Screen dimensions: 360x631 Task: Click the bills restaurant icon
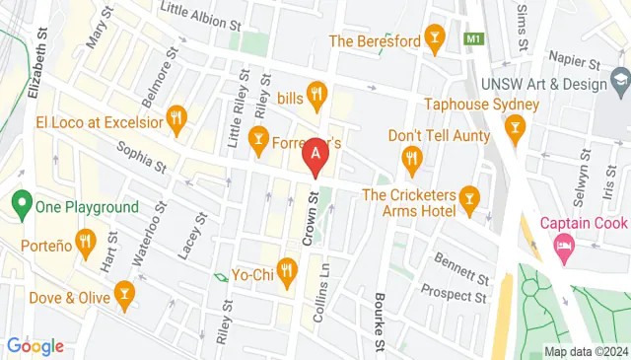pyautogui.click(x=316, y=96)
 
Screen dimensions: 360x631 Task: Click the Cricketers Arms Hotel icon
pyautogui.click(x=469, y=200)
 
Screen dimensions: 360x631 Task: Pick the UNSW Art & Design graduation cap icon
pyautogui.click(x=618, y=78)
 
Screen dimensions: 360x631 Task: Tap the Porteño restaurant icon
pyautogui.click(x=86, y=240)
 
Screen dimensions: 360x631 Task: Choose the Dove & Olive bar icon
pyautogui.click(x=124, y=291)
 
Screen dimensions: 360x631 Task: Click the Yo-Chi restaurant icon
pyautogui.click(x=287, y=268)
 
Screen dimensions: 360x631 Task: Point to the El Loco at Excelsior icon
pyautogui.click(x=176, y=120)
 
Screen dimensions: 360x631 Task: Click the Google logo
pyautogui.click(x=35, y=346)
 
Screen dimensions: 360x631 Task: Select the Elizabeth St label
pyautogui.click(x=38, y=60)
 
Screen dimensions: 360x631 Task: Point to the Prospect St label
pyautogui.click(x=455, y=292)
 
